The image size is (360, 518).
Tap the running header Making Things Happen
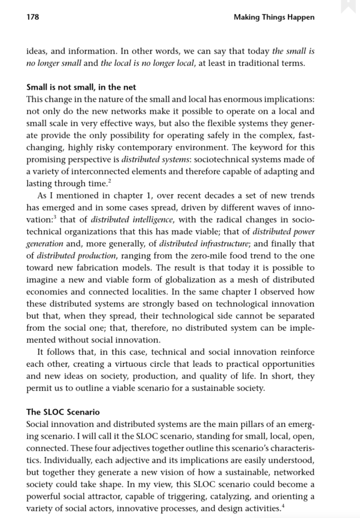[x=274, y=18]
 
